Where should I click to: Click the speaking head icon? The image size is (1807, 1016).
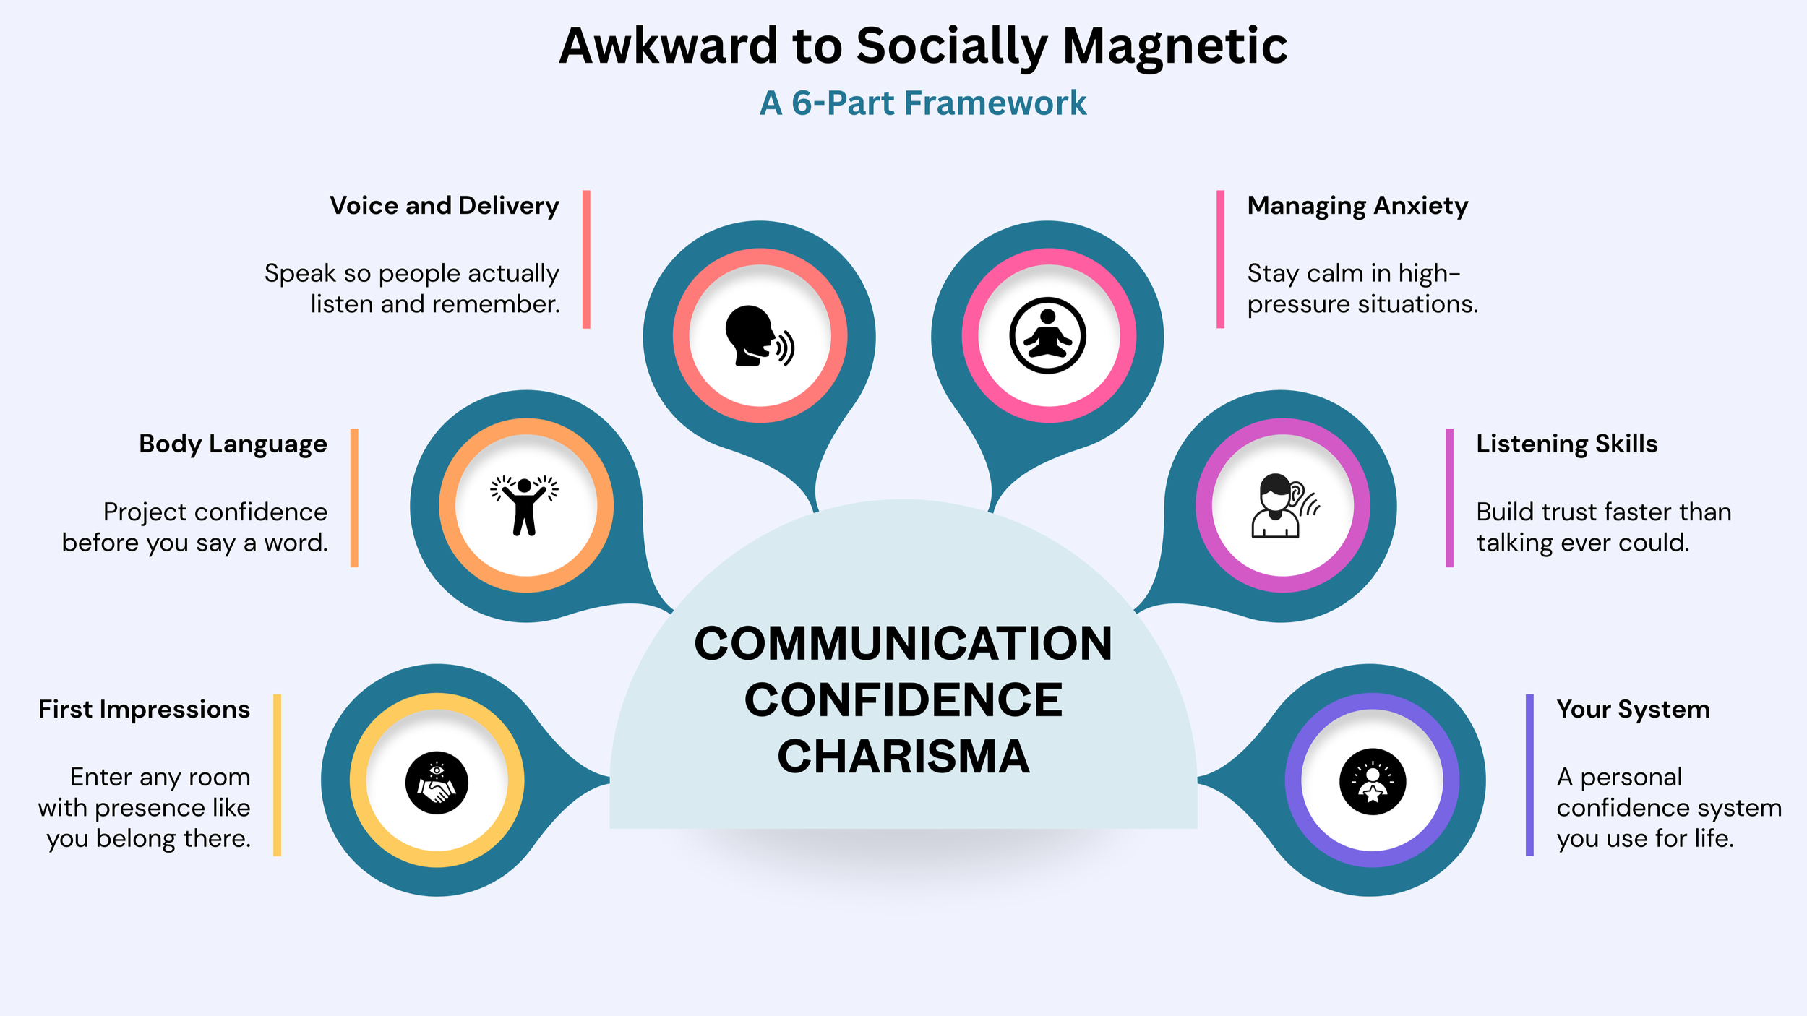point(758,336)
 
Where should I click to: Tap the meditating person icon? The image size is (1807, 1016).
point(1047,336)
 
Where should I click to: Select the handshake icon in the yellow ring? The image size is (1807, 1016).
point(437,782)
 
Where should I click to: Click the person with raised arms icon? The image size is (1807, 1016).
point(525,505)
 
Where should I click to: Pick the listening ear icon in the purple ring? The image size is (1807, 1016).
point(1283,505)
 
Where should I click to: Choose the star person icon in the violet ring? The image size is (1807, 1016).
point(1372,781)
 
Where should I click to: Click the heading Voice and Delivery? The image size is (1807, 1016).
point(445,206)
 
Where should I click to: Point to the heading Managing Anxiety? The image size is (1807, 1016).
point(1357,206)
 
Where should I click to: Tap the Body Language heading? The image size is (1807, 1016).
point(233,444)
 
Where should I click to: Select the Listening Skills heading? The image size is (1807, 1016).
point(1566,444)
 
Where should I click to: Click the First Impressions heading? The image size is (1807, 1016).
point(144,710)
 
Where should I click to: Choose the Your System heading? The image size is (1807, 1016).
point(1633,710)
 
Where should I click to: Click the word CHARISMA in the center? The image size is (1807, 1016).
point(903,757)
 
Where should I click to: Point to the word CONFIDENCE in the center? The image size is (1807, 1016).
point(903,700)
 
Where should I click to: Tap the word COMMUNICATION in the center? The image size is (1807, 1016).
point(903,643)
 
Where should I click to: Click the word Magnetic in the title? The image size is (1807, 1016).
point(1175,46)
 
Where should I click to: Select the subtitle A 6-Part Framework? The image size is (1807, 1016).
point(922,103)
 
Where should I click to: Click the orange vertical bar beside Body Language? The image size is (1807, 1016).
point(354,497)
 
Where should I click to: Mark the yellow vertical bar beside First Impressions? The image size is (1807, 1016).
point(277,775)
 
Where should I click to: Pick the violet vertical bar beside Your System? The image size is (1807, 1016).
point(1529,775)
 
